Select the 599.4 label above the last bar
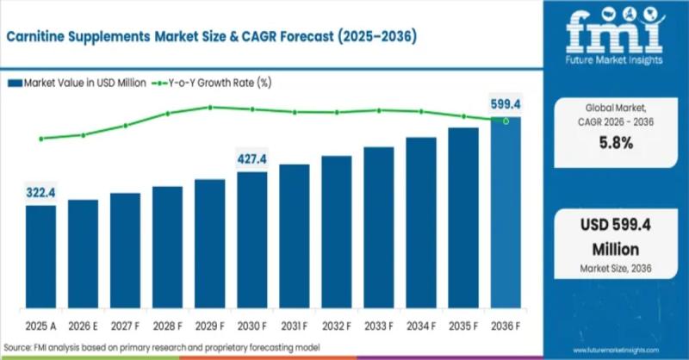click(x=506, y=103)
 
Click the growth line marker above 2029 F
click(x=209, y=107)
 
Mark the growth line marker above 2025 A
click(x=40, y=138)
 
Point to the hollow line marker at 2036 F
click(x=506, y=121)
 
